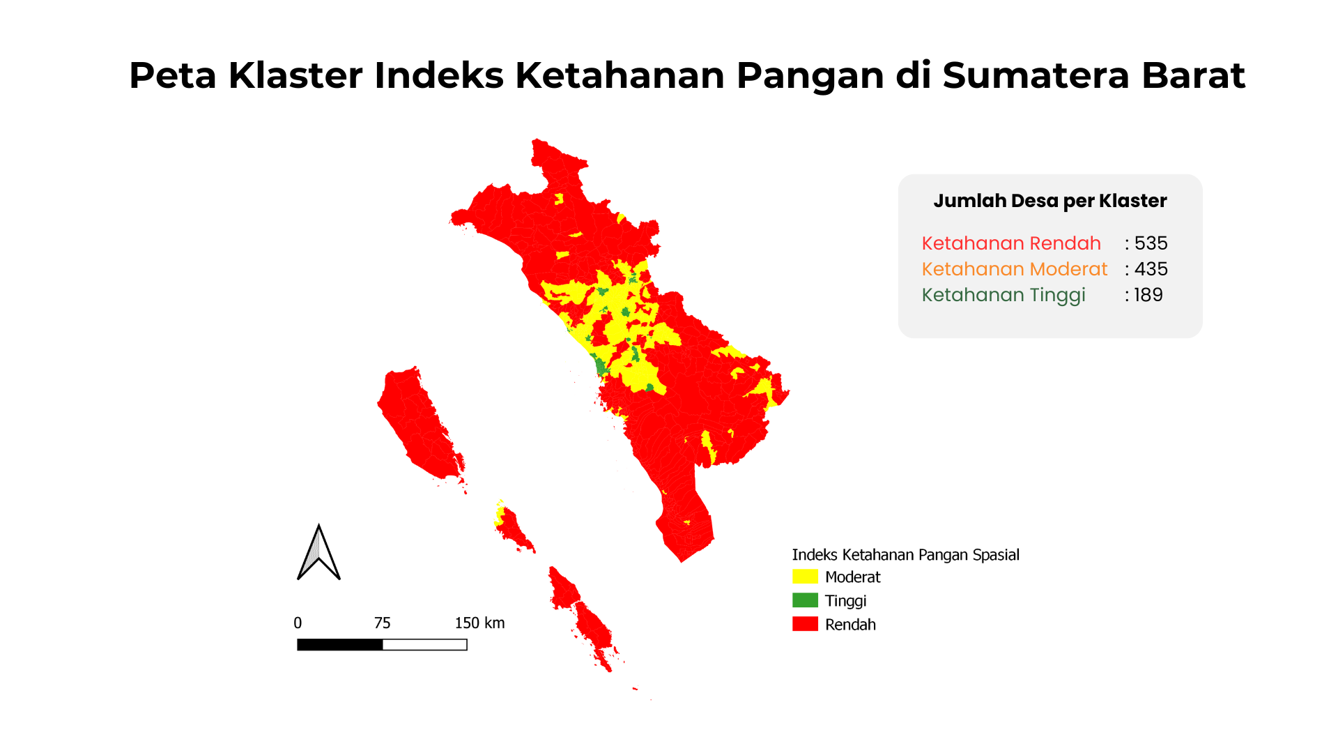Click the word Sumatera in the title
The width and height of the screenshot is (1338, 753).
(1036, 75)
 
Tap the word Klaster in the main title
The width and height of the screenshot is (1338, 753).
(295, 75)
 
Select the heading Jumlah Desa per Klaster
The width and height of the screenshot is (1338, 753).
(1049, 201)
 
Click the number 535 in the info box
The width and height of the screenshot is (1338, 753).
(1151, 243)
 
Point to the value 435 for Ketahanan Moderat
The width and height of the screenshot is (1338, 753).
(1151, 269)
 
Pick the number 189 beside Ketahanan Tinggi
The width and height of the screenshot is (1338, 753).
(1148, 295)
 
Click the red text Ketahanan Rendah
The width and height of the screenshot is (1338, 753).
(1011, 243)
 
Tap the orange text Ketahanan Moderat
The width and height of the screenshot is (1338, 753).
(1015, 269)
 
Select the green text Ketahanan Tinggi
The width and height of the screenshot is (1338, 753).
(1003, 296)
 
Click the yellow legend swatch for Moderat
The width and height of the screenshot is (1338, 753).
(805, 577)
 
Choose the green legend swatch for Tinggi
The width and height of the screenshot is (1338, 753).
(805, 600)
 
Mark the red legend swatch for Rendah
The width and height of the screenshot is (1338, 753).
(805, 624)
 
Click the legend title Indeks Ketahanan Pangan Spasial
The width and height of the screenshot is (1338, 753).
(905, 555)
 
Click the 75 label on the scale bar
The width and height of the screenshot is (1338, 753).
(382, 623)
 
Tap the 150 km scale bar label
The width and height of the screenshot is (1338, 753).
(479, 623)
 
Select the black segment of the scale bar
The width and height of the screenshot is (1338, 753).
(340, 645)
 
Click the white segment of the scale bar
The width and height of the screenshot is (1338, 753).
(425, 645)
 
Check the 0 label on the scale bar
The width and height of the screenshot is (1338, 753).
(298, 623)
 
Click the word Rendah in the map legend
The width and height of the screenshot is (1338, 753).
(850, 625)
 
